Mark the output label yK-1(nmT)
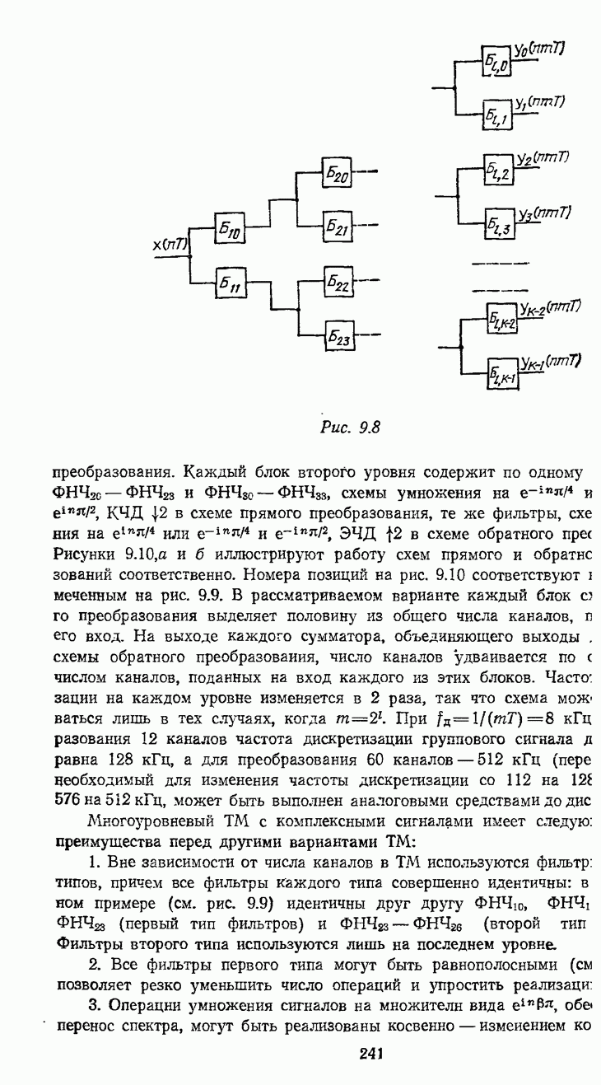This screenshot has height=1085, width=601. [550, 362]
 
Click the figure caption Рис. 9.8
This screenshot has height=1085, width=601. [350, 427]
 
